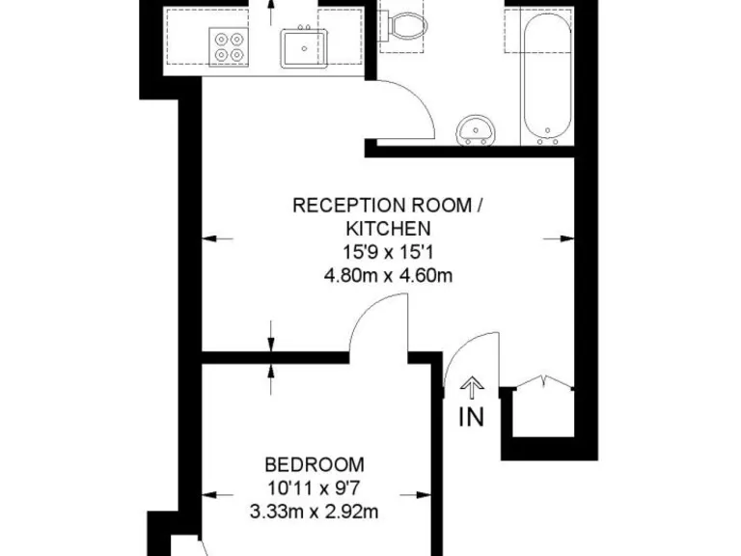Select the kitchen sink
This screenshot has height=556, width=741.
click(305, 46)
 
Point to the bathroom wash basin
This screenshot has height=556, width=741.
click(476, 129)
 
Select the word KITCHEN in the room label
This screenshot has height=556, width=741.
click(387, 229)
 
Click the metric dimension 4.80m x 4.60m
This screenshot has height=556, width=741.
click(388, 276)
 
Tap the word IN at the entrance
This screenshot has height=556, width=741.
click(471, 417)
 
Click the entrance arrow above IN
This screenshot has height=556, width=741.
click(471, 389)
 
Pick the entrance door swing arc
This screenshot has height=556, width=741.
click(473, 357)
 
